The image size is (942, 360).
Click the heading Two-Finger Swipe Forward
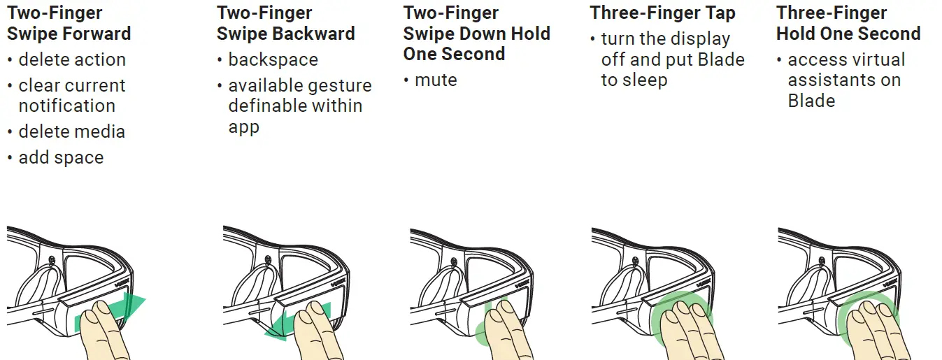(69, 23)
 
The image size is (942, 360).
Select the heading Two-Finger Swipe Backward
(285, 23)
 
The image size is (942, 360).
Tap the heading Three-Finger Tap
(662, 13)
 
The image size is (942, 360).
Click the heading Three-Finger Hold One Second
(848, 23)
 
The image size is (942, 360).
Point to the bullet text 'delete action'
(72, 59)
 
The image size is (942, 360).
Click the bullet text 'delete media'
(71, 131)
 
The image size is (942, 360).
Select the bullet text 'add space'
(61, 157)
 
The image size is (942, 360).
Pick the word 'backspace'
(273, 59)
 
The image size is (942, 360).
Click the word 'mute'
(436, 80)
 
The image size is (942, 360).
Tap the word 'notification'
(66, 106)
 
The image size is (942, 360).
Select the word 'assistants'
(833, 80)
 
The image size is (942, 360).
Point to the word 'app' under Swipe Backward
(243, 127)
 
